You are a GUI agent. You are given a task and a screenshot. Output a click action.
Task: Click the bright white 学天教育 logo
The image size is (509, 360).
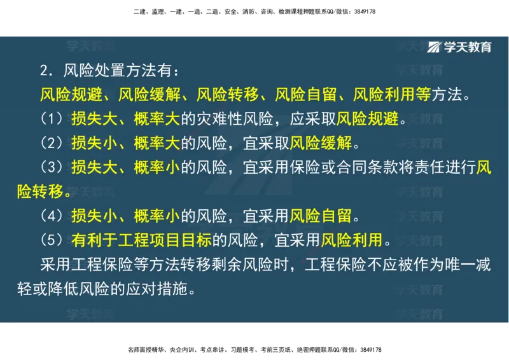pos(459,47)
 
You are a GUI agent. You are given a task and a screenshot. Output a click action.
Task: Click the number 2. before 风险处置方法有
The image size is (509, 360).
pos(46,71)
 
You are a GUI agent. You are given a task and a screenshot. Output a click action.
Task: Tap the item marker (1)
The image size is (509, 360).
pos(52,119)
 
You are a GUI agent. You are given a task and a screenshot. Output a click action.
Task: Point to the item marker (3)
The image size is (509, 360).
pos(52,167)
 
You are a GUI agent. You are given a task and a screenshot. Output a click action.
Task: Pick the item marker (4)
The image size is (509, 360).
pos(52,216)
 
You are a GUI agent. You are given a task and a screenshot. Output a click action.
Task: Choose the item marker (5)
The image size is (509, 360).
pos(52,240)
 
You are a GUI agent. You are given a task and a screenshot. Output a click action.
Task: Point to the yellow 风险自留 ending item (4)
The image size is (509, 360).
pos(321,216)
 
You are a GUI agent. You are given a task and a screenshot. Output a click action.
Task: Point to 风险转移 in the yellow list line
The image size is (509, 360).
pos(227,95)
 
